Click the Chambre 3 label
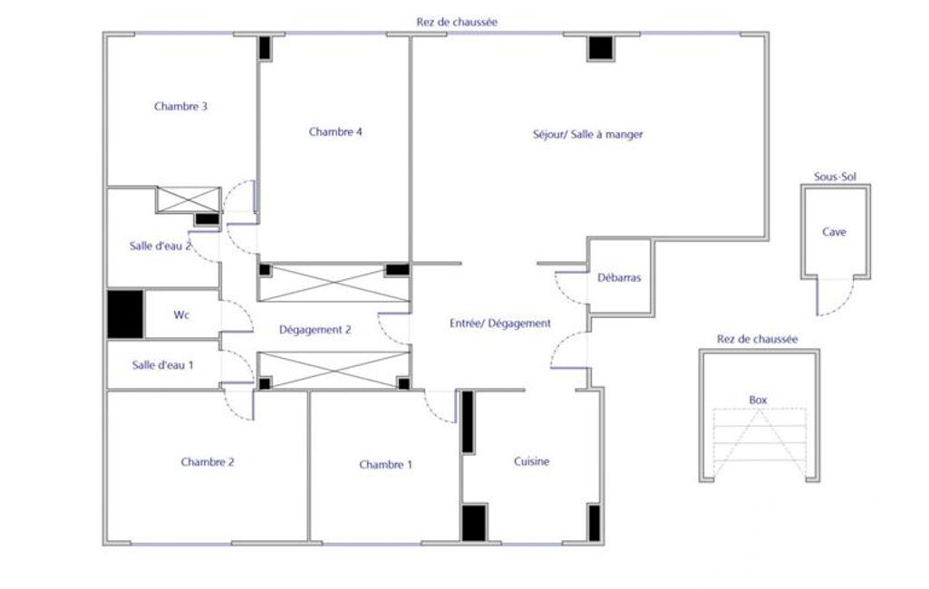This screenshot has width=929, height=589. click(x=180, y=107)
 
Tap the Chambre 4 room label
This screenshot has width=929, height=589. click(x=335, y=131)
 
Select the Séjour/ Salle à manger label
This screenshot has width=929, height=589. click(x=587, y=134)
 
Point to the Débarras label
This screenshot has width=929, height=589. click(x=619, y=277)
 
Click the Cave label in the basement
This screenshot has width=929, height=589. click(x=834, y=232)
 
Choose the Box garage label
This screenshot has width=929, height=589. click(x=759, y=400)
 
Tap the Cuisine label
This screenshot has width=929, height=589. click(x=531, y=461)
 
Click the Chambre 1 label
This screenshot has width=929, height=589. click(x=386, y=465)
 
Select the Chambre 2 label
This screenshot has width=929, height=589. click(x=208, y=462)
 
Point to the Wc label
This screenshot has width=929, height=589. click(x=181, y=314)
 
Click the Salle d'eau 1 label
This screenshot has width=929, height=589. click(x=163, y=365)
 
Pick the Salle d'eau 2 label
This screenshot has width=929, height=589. click(x=160, y=246)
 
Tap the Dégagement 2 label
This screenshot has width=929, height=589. click(x=315, y=330)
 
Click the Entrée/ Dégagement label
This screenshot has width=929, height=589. click(x=500, y=323)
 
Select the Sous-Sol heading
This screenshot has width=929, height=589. click(x=835, y=177)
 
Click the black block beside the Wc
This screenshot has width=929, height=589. click(x=126, y=314)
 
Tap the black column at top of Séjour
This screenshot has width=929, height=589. click(x=601, y=48)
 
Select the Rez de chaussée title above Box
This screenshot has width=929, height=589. click(x=757, y=340)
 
